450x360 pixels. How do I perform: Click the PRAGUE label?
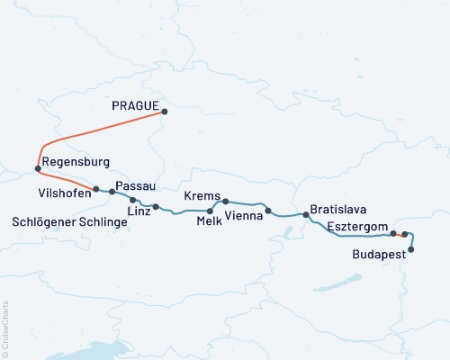pos(137,106)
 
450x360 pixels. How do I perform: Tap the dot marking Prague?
pos(166,112)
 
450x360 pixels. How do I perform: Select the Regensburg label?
pos(76,162)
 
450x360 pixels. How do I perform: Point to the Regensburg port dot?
pos(37,168)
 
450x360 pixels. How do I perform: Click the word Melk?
pos(210,229)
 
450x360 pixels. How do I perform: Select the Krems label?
pos(200,195)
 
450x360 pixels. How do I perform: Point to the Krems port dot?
pos(226,202)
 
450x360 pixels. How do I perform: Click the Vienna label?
pos(244,217)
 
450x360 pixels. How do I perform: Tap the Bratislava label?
pos(337,209)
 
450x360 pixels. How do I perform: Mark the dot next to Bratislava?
pos(306,215)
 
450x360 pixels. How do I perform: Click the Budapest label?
pos(378,255)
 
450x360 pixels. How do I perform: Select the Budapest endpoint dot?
pos(411,249)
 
